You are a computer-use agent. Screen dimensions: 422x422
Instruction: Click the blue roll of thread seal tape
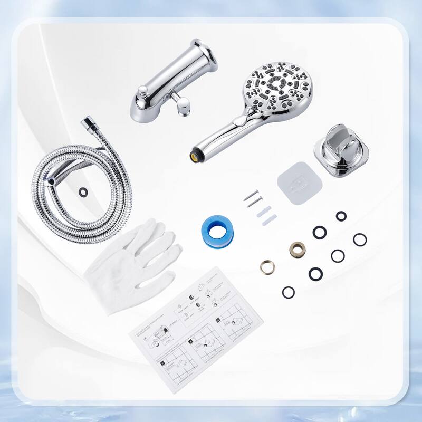217,228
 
